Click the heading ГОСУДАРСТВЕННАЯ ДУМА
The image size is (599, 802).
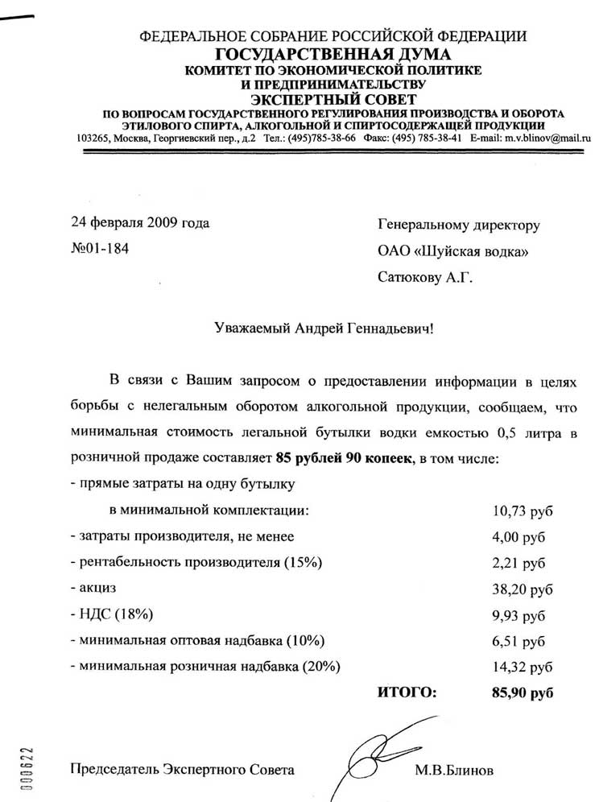(x=333, y=55)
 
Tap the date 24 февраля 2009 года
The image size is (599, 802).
(x=140, y=223)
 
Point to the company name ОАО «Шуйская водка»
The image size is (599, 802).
(x=452, y=252)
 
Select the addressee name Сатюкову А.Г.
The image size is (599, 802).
(x=426, y=279)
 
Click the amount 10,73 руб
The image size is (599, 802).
(x=522, y=511)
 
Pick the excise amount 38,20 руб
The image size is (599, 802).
(x=522, y=589)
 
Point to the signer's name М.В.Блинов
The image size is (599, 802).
(x=455, y=770)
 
